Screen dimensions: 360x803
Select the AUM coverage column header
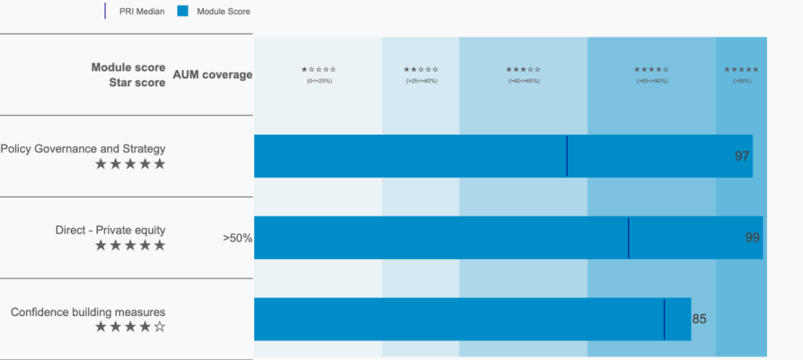[x=213, y=75]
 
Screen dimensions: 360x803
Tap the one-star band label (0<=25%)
[x=319, y=75]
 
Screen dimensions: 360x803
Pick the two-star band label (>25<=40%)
[x=421, y=75]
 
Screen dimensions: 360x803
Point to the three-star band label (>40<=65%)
[x=523, y=75]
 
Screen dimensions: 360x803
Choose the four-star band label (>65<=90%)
[x=652, y=75]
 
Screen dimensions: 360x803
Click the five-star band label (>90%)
[x=741, y=75]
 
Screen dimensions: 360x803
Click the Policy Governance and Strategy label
[x=83, y=148]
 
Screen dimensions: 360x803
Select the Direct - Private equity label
[x=111, y=230]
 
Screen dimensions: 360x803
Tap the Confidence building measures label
[x=88, y=311]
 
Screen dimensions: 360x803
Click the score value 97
[x=742, y=156]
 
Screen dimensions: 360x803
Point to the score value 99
[x=752, y=238]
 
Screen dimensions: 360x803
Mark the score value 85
[x=699, y=319]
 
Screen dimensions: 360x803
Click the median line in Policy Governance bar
[x=567, y=156]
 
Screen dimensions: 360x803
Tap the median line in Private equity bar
[x=629, y=238]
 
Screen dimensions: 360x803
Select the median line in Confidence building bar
[x=664, y=319]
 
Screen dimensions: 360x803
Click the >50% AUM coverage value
[x=238, y=238]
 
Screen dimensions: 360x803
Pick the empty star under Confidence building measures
[x=160, y=327]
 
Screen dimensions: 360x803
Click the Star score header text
[x=137, y=82]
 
